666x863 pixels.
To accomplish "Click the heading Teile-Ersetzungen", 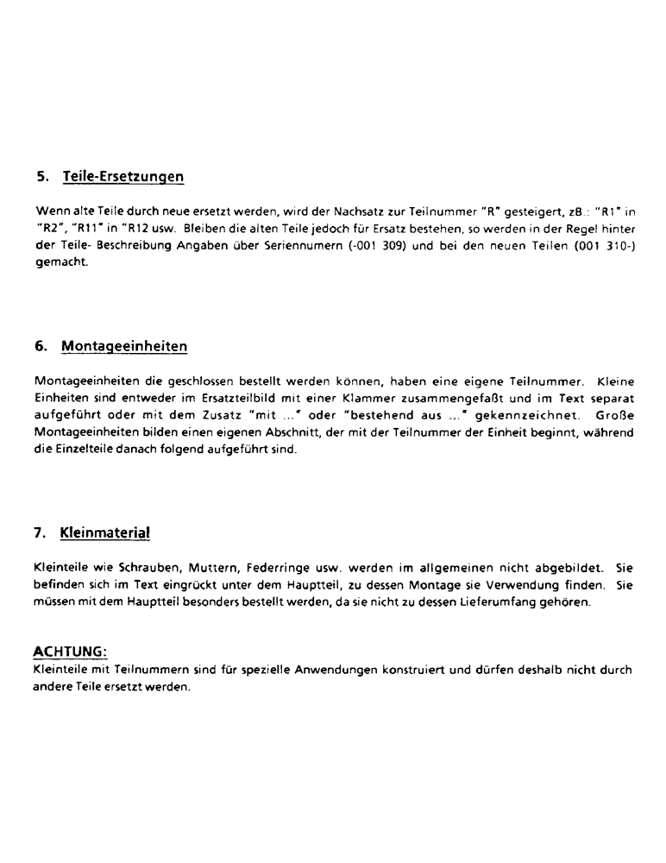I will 123,177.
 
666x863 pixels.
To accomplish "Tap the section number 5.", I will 41,177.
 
